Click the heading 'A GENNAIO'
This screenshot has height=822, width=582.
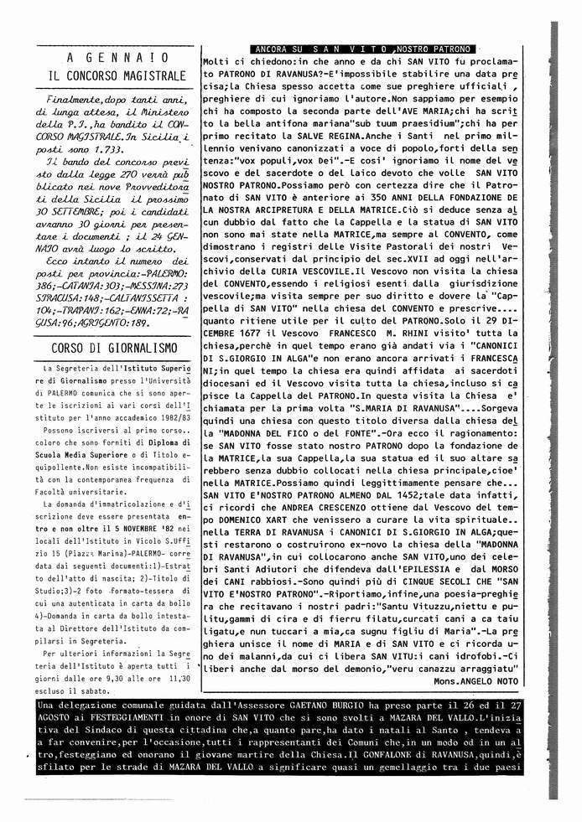click(117, 57)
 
